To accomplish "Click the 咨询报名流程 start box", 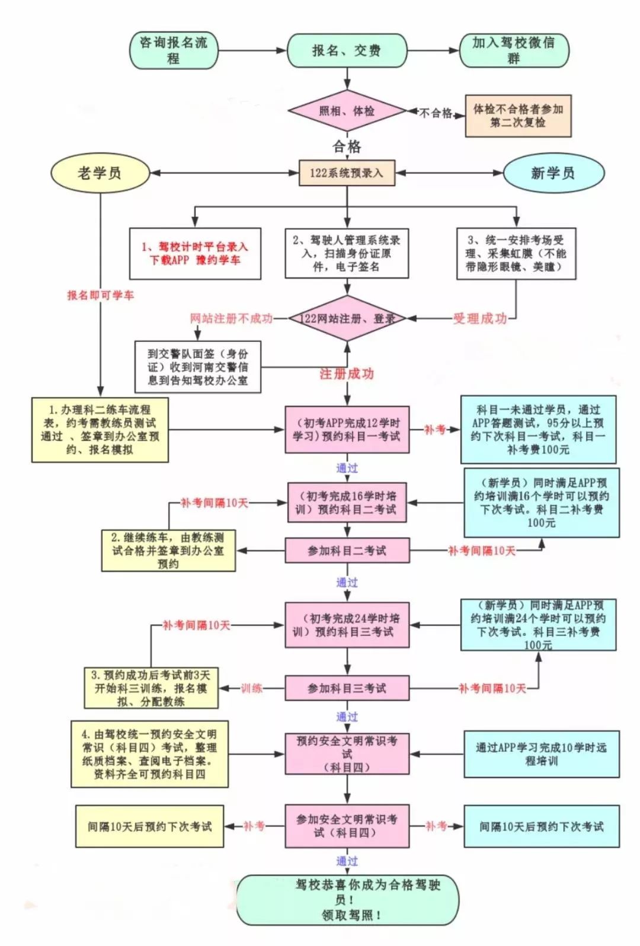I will (x=173, y=50).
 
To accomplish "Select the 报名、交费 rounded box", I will (x=347, y=50).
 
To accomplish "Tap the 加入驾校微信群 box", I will (x=514, y=50).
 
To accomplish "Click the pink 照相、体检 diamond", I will (x=347, y=111).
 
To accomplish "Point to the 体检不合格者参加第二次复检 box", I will (x=518, y=116).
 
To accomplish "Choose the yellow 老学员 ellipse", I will (x=100, y=173).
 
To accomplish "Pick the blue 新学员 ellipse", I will (x=553, y=173).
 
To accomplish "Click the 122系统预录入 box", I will (x=347, y=173).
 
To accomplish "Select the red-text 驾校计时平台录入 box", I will (x=195, y=253).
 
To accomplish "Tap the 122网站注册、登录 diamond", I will (x=347, y=318).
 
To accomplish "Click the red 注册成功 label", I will (x=347, y=373).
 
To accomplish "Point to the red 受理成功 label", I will (x=480, y=318).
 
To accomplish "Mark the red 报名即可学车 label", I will (x=100, y=295).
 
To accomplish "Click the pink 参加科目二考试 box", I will (x=347, y=551).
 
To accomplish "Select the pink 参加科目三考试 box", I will (x=347, y=688).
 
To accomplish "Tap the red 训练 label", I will (x=252, y=688).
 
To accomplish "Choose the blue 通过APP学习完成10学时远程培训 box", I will (x=541, y=754).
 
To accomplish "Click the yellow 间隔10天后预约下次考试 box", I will (x=149, y=826).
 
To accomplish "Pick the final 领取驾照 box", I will (x=348, y=900).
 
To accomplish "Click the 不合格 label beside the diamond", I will (x=436, y=113).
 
